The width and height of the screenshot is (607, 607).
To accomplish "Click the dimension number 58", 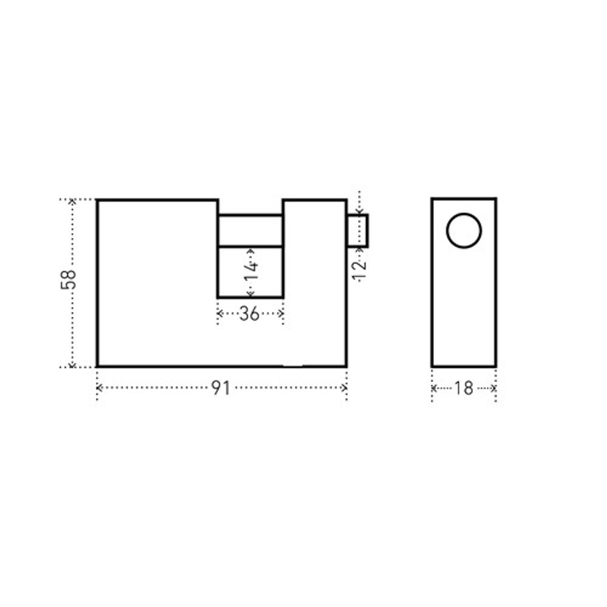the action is tap(69, 279).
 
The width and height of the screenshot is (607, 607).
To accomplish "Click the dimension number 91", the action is tap(221, 388).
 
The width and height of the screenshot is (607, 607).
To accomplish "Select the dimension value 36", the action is tap(249, 314).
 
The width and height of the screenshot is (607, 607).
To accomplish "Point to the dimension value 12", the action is tap(359, 270).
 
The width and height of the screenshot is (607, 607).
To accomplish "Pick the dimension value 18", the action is tap(464, 388).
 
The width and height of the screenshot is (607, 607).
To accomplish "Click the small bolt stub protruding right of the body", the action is tap(358, 230).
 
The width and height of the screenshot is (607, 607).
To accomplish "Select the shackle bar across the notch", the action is tap(251, 230).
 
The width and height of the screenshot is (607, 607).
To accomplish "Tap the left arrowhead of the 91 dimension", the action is tap(99, 387).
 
